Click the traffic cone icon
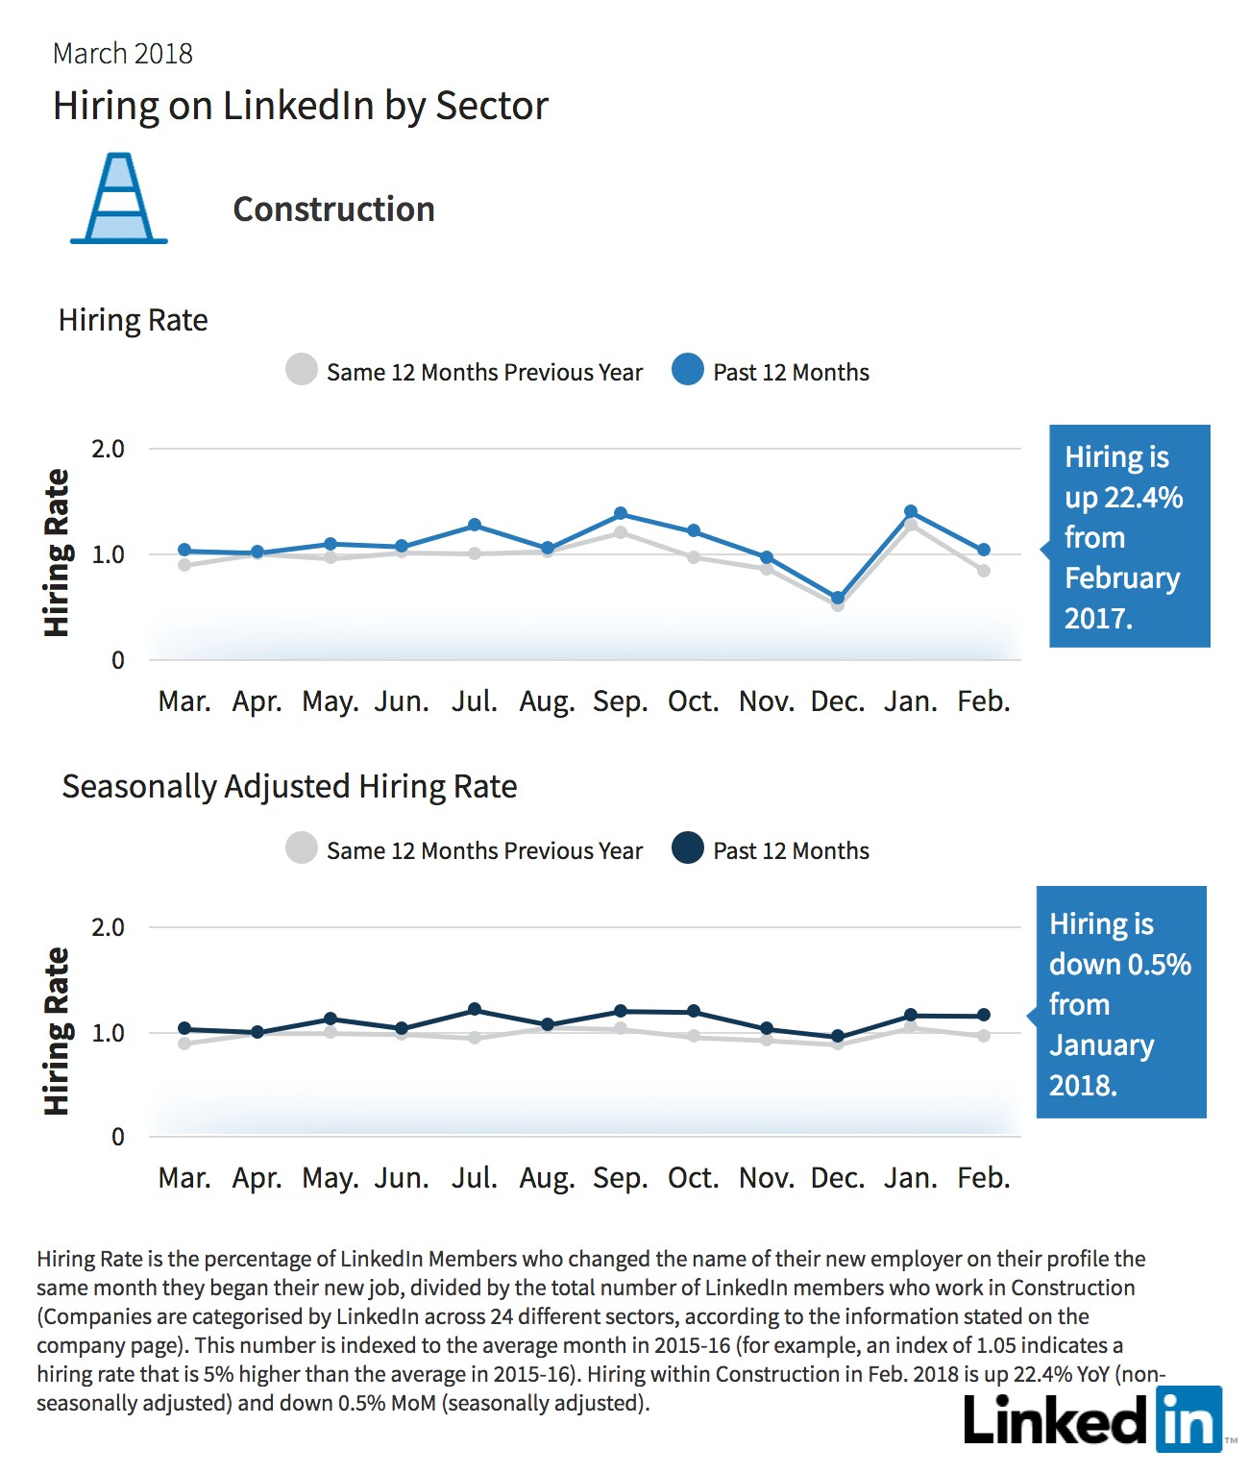pos(119,198)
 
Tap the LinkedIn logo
pos(1093,1419)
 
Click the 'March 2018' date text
pos(123,54)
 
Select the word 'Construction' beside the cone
pos(333,209)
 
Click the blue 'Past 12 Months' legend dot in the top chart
pos(688,369)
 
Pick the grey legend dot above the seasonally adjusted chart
pos(302,848)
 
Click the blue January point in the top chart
pos(911,511)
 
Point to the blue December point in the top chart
pos(838,598)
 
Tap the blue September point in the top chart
pos(621,513)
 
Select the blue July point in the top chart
pos(475,525)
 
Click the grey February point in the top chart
pos(984,571)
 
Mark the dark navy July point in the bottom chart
pos(475,1009)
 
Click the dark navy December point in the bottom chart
pos(838,1036)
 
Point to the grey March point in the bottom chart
pos(184,1044)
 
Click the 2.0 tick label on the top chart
pos(108,449)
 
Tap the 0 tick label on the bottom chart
pos(117,1137)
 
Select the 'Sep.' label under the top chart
pos(621,701)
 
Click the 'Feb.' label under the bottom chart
pos(984,1178)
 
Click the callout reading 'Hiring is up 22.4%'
pos(1129,536)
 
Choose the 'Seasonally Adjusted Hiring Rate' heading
pos(289,787)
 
